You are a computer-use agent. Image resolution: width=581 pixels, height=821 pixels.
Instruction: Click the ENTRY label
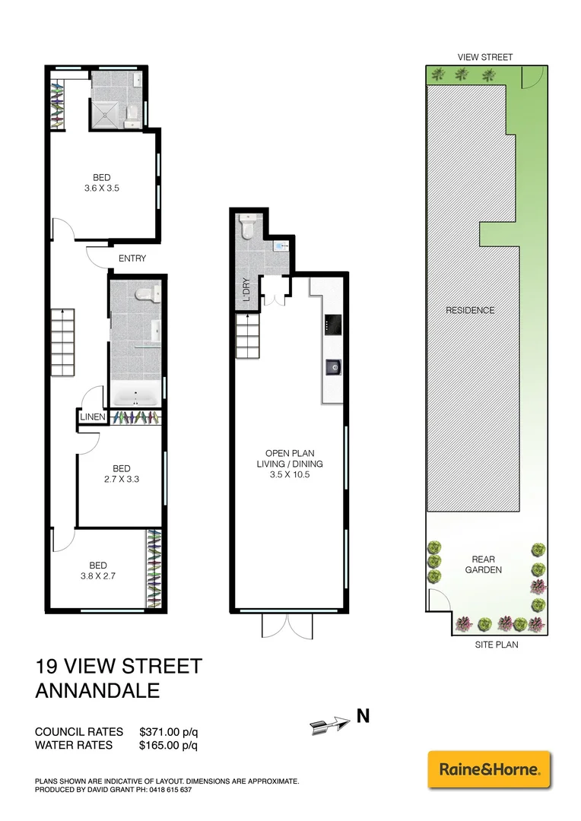pos(132,258)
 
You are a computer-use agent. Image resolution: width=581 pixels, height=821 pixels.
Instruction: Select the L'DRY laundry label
pos(246,291)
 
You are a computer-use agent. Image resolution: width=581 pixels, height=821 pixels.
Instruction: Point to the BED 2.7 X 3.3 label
pos(121,474)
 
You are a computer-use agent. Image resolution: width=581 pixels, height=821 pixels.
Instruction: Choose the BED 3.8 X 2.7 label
pos(98,570)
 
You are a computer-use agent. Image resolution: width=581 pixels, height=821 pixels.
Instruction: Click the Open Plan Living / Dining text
pos(290,464)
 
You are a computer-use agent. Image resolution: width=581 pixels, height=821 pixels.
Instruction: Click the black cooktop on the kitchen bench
pos(333,325)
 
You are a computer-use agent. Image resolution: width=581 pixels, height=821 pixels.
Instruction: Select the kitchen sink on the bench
pos(333,367)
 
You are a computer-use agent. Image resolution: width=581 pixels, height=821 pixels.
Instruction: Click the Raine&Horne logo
pos(489,769)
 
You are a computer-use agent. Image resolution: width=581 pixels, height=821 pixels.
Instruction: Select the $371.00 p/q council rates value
pos(169,731)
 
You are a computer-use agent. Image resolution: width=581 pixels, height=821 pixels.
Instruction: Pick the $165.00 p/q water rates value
pos(169,745)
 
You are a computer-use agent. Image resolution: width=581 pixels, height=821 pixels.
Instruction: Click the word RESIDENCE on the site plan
pos(470,310)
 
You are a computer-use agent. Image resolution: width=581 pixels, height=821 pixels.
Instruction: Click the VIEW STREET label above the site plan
pos(484,57)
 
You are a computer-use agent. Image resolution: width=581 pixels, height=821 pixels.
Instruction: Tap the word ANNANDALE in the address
pos(98,691)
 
